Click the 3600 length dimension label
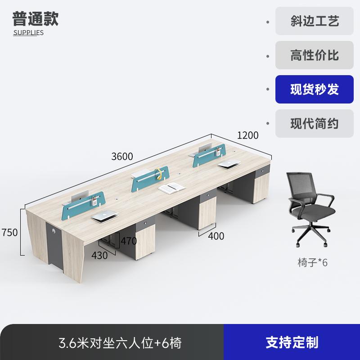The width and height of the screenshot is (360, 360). tap(122, 157)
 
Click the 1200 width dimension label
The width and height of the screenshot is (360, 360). tap(248, 135)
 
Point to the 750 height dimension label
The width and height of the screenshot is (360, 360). tap(9, 233)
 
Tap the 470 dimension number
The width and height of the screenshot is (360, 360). tap(128, 241)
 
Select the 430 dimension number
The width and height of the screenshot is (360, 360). tap(99, 255)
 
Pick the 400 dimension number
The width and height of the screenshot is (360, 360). tap(216, 236)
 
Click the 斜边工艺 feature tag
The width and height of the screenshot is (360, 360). tap(315, 21)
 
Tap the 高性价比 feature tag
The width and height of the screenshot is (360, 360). tap(315, 55)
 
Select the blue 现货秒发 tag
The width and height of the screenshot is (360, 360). tap(315, 90)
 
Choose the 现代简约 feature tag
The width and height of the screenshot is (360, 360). tap(315, 124)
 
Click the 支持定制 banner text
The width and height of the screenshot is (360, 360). tap(292, 342)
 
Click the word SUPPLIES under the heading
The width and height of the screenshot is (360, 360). tap(28, 32)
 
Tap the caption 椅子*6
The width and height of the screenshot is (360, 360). tap(313, 262)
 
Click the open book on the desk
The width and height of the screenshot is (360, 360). tap(171, 188)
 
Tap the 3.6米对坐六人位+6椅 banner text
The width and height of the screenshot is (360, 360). tap(120, 343)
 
